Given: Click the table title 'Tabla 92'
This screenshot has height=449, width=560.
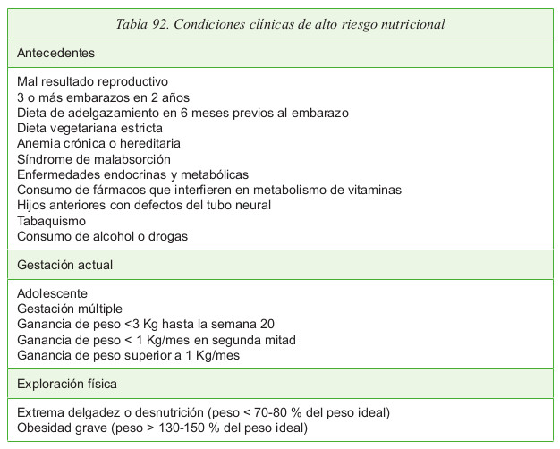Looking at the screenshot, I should (148, 23).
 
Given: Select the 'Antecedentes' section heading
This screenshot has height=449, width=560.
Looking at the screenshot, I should (55, 53).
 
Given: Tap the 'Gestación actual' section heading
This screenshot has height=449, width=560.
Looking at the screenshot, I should (64, 265).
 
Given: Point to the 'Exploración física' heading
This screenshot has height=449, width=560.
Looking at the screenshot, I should (67, 384).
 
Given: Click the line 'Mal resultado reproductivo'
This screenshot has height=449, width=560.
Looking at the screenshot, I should (92, 82).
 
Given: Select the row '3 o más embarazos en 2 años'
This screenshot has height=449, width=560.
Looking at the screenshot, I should (103, 97).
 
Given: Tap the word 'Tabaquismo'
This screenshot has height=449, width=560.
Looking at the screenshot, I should (51, 220).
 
